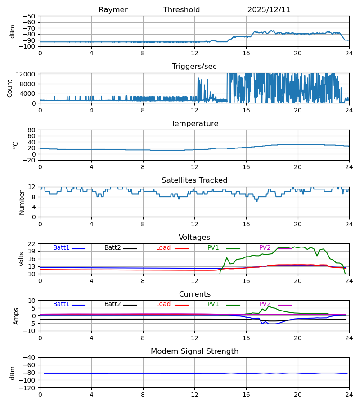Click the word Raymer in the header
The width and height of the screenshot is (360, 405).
113,10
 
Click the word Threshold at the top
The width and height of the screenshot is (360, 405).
181,10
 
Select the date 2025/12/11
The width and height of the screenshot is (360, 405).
269,10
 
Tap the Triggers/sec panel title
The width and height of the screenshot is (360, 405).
194,67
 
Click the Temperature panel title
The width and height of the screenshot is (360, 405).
194,124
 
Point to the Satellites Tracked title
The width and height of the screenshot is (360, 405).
194,180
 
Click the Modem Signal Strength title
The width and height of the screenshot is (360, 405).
194,351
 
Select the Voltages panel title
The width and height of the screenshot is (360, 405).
194,238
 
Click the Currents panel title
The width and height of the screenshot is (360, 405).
194,294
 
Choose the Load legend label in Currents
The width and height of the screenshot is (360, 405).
163,304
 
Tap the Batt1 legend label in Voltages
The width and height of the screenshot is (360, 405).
61,248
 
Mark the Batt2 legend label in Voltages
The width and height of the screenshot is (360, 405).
112,248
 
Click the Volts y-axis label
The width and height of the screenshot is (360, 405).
21,259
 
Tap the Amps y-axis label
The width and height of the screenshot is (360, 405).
17,316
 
